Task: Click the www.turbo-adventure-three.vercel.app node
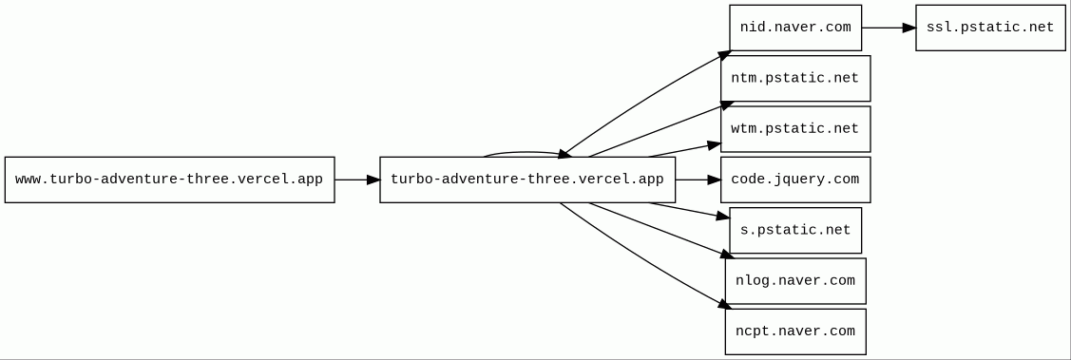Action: (169, 180)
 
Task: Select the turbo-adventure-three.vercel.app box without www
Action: (527, 180)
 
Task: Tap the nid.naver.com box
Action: (795, 28)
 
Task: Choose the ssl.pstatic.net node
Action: (990, 28)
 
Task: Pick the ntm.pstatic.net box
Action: (795, 79)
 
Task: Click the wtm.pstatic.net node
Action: (795, 129)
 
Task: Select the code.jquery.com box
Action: (795, 180)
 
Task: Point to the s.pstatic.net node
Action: (795, 230)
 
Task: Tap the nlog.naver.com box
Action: (795, 281)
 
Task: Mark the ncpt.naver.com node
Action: (795, 332)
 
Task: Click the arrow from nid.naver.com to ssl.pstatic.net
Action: (889, 28)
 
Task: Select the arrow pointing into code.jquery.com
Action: (698, 180)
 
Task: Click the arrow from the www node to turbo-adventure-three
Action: (357, 180)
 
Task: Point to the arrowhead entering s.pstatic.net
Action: (723, 217)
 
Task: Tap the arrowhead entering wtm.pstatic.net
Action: (715, 144)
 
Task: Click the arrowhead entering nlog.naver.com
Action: (727, 255)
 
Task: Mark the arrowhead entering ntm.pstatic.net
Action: (727, 104)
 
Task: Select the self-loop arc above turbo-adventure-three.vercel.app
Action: (526, 152)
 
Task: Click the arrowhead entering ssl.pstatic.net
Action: (909, 28)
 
